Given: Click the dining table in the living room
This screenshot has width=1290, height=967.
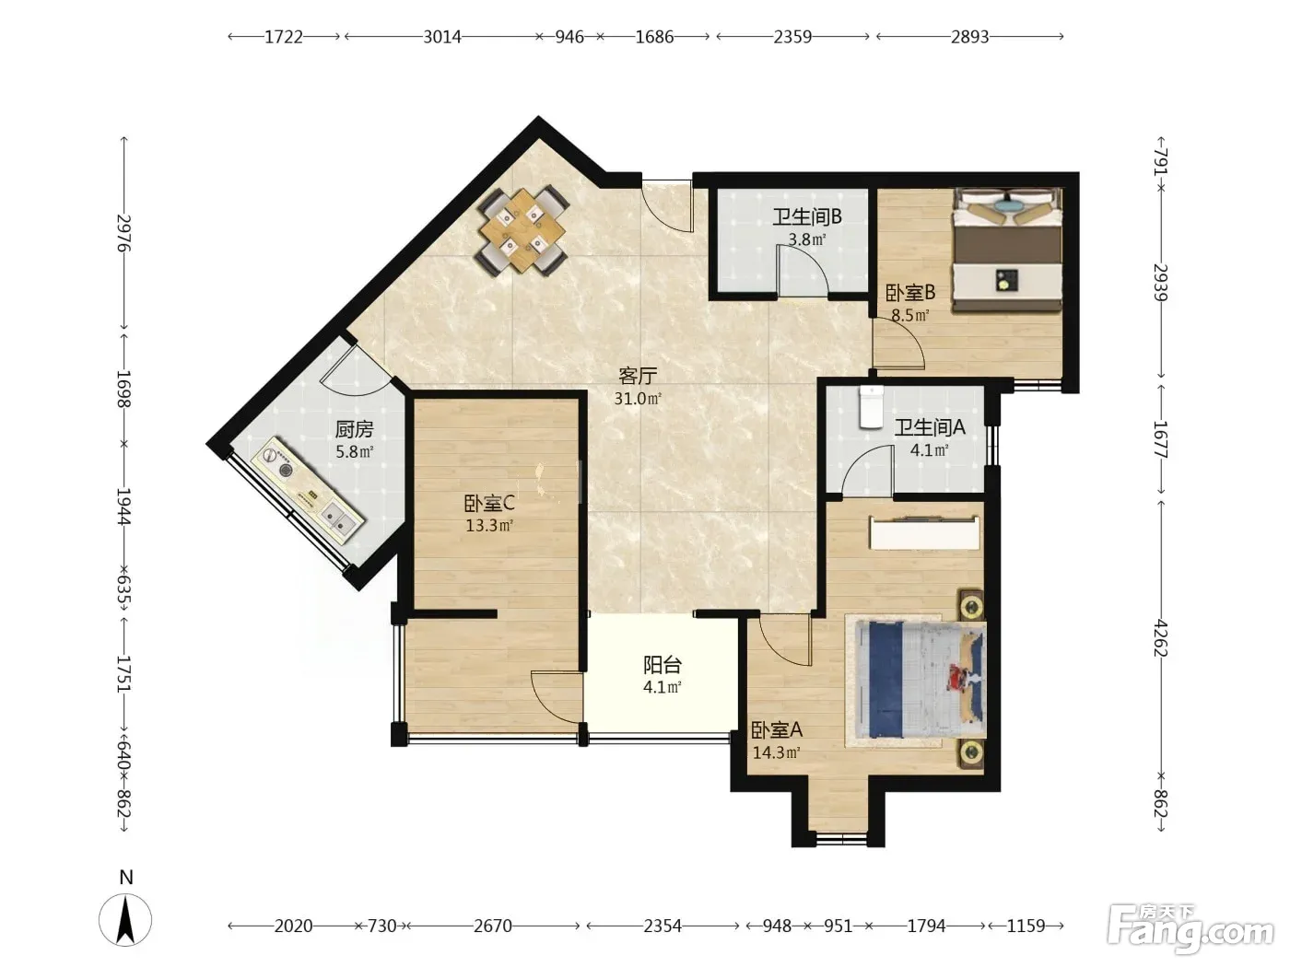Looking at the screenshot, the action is [522, 231].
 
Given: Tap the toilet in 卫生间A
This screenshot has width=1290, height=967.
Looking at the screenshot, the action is [871, 406].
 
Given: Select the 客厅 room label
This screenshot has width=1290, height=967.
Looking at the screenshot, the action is [638, 376].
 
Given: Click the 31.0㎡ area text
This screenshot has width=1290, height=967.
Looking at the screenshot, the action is [638, 399].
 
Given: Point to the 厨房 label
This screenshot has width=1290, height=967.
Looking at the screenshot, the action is [355, 430].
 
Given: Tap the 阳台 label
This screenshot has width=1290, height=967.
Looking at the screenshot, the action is [663, 665].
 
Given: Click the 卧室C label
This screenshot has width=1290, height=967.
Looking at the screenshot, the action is [489, 503].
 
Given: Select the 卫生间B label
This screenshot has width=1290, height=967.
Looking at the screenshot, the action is [807, 217].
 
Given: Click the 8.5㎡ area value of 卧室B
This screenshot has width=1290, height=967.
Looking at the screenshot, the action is [909, 315].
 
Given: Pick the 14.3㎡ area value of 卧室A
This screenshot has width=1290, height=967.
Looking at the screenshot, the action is [777, 752].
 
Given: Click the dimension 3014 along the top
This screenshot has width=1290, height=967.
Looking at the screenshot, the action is [442, 37].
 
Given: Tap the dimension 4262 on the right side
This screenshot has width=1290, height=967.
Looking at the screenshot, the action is [1160, 637].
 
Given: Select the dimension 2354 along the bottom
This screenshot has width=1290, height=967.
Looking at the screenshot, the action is [663, 926].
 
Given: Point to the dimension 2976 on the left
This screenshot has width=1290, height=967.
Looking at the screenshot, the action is [124, 233].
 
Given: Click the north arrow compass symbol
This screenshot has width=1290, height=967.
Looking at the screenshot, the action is [125, 919].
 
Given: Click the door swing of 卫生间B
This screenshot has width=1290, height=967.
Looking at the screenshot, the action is [803, 270].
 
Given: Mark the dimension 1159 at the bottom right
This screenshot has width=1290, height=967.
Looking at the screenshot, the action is [1026, 926].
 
